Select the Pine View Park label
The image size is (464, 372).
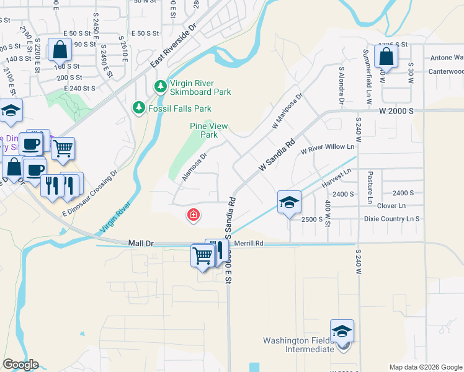pyautogui.click(x=209, y=130)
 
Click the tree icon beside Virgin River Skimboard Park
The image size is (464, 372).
pyautogui.click(x=160, y=84)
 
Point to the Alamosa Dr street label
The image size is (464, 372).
pyautogui.click(x=194, y=165)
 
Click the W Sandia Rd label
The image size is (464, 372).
pyautogui.click(x=277, y=155)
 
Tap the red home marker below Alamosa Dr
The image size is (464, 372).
pyautogui.click(x=194, y=215)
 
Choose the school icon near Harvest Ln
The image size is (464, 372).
pyautogui.click(x=289, y=202)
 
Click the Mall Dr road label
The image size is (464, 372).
pyautogui.click(x=141, y=244)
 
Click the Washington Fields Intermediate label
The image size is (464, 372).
pyautogui.click(x=299, y=345)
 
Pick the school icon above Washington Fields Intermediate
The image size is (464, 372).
pyautogui.click(x=341, y=332)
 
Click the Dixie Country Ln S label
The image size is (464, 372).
pyautogui.click(x=392, y=219)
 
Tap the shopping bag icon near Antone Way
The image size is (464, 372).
pyautogui.click(x=386, y=57)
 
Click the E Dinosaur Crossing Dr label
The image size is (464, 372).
pyautogui.click(x=89, y=193)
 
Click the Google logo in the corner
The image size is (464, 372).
pyautogui.click(x=20, y=365)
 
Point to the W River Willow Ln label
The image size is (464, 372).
pyautogui.click(x=327, y=148)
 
